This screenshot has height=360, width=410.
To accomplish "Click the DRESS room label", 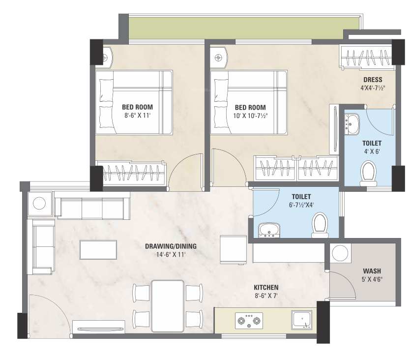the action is pyautogui.click(x=373, y=80).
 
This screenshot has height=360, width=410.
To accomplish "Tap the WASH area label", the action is pyautogui.click(x=372, y=271).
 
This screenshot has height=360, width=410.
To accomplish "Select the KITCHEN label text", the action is pyautogui.click(x=266, y=288).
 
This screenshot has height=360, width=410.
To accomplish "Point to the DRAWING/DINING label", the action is pyautogui.click(x=171, y=246).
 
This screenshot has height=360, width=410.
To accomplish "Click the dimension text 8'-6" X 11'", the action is pyautogui.click(x=138, y=116).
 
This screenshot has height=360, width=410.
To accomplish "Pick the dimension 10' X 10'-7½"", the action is pyautogui.click(x=250, y=116).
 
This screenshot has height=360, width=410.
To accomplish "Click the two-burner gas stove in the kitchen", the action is pyautogui.click(x=249, y=321).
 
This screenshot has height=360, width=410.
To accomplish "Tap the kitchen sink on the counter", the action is pyautogui.click(x=302, y=320).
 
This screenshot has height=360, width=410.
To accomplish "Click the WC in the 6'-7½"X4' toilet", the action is pyautogui.click(x=320, y=225).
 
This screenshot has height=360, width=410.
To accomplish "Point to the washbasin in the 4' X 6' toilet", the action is pyautogui.click(x=352, y=124).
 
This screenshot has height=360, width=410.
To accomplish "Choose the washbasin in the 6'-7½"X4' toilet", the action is pyautogui.click(x=269, y=231).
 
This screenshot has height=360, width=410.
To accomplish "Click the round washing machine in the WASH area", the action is pyautogui.click(x=340, y=253).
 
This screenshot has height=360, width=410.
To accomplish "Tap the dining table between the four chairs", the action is pyautogui.click(x=168, y=306).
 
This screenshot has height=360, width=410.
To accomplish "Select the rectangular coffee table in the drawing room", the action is pyautogui.click(x=98, y=250).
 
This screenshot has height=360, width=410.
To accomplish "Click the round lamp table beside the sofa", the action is pyautogui.click(x=39, y=204).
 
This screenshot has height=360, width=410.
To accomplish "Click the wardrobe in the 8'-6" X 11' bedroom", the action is pyautogui.click(x=131, y=172).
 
